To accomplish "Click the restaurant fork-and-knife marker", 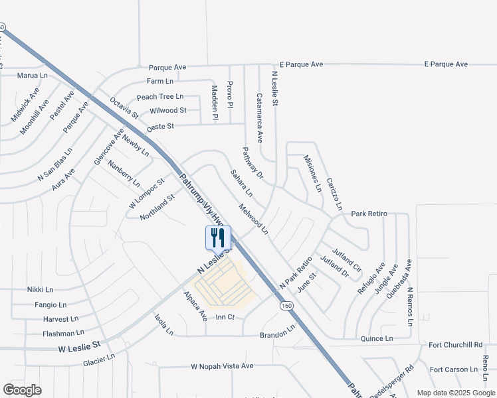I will [219, 237].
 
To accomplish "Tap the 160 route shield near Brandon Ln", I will [286, 306].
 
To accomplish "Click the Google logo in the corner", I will [22, 390].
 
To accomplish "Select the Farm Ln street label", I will [159, 81].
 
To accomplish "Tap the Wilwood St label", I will [168, 110].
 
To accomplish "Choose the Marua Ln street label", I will [33, 76].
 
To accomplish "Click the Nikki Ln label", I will [40, 290].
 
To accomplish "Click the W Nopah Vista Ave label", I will [223, 365].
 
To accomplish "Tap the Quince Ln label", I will [376, 338].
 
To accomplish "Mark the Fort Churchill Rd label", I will [455, 345].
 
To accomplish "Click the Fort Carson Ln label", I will [454, 369].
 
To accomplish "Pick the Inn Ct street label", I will [226, 318].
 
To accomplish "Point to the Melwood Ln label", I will [254, 220].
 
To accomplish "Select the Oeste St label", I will [160, 125].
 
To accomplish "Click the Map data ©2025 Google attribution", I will [455, 393].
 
